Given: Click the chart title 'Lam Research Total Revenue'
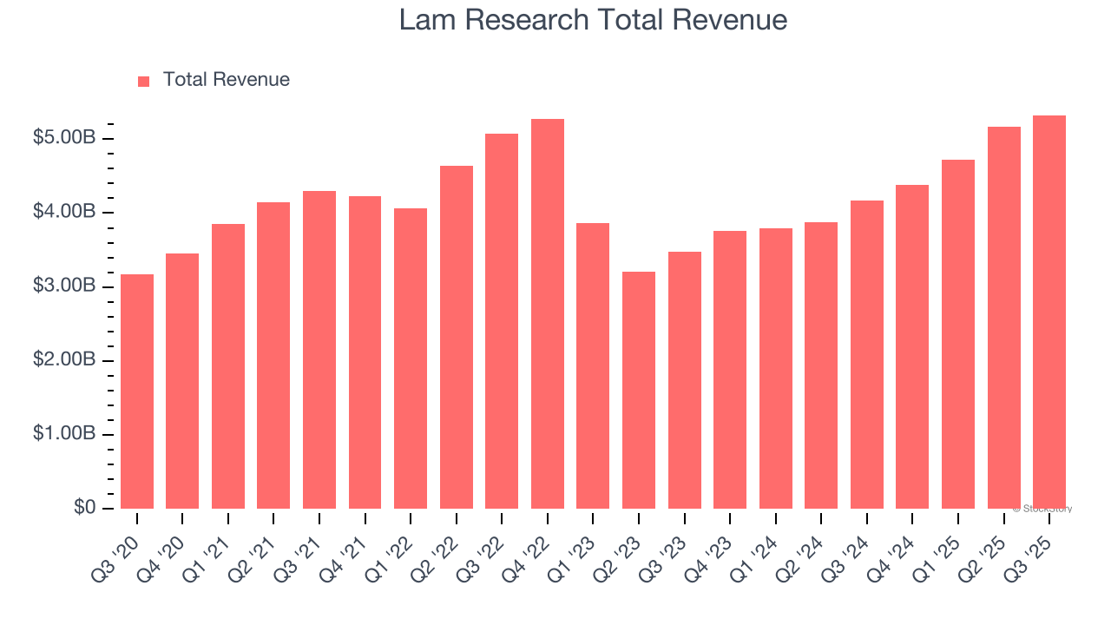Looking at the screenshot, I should click(x=593, y=20).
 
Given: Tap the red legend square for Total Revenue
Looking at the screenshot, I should click(x=144, y=81).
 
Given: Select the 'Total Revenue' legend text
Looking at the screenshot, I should click(x=226, y=80).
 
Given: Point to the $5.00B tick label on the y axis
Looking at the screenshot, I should click(x=64, y=138).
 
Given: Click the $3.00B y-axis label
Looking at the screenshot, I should click(x=64, y=286).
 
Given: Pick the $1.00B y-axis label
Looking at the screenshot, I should click(x=64, y=434).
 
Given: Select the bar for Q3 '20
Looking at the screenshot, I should click(x=137, y=391).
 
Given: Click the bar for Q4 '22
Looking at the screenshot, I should click(x=548, y=313).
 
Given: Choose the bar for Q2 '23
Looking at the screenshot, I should click(x=639, y=390).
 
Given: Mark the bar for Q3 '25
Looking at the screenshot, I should click(x=1049, y=312).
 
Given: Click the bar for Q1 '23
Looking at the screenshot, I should click(x=593, y=365).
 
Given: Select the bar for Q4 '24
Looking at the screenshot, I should click(x=912, y=346).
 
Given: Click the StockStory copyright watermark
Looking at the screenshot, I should click(x=1042, y=509).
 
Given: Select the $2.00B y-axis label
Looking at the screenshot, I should click(x=64, y=360).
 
